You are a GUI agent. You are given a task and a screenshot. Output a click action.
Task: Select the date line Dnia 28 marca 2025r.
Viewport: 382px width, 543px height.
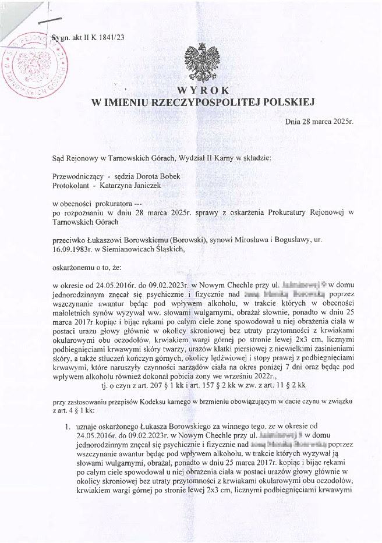[319, 122]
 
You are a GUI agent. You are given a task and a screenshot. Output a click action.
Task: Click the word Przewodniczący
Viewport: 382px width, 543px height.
[76, 176]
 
